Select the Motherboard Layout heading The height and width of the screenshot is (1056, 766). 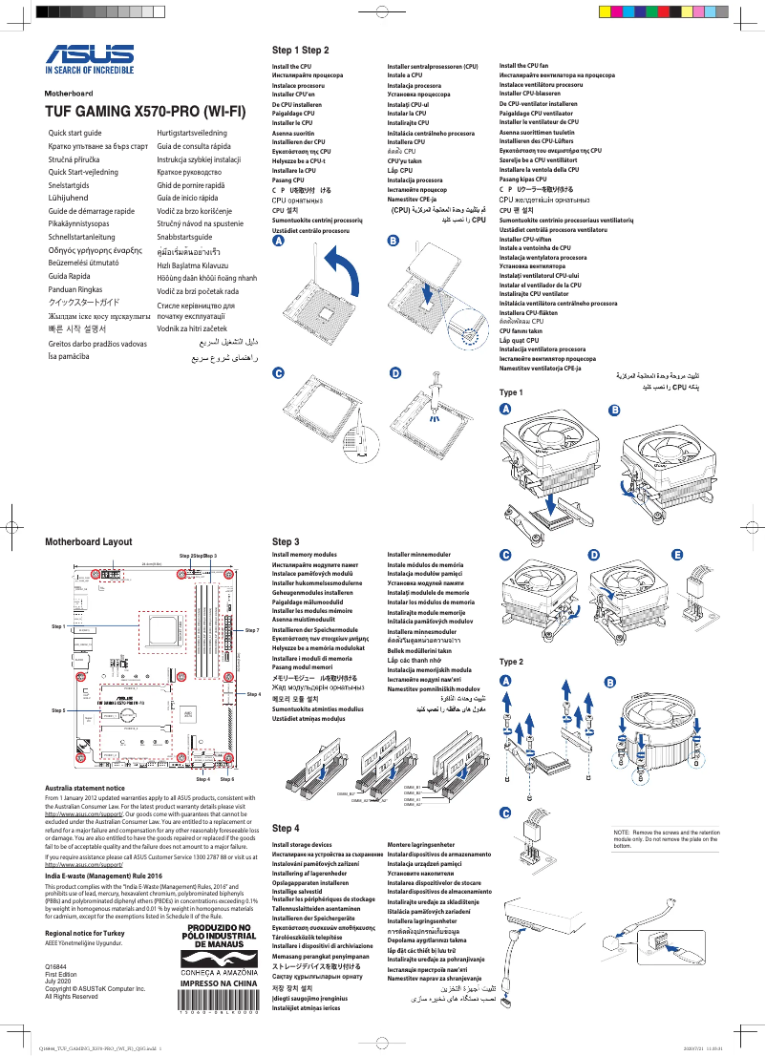pos(89,541)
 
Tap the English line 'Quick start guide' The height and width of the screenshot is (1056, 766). pos(74,132)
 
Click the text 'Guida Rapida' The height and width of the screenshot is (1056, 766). pos(71,274)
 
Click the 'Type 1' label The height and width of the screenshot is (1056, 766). pos(511,392)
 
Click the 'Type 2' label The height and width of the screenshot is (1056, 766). pos(511,662)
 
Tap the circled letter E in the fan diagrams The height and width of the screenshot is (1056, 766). pos(677,555)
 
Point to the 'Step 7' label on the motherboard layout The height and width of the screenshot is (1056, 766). pos(252,631)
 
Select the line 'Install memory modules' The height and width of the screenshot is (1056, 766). pos(304,554)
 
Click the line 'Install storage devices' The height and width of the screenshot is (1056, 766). pos(302,845)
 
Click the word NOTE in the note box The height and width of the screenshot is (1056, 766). pos(623,834)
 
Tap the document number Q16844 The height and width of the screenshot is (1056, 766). pos(56,968)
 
